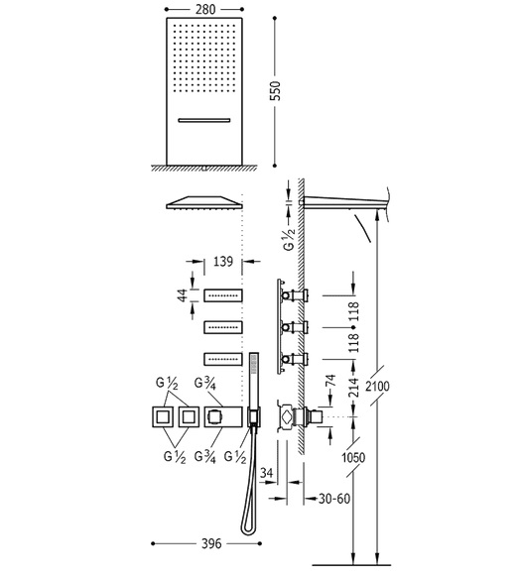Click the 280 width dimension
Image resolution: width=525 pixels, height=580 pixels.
click(205, 9)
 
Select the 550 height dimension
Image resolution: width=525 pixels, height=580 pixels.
click(275, 90)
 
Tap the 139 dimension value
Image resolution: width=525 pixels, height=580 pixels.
click(223, 262)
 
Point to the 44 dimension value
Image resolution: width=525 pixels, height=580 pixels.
click(183, 295)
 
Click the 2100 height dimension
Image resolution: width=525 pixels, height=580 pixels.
click(377, 387)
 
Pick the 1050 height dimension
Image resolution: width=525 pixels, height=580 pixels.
click(353, 458)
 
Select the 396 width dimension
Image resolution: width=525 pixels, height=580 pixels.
click(211, 543)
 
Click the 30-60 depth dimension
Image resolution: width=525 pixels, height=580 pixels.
click(334, 499)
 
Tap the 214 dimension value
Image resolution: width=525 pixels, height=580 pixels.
click(354, 388)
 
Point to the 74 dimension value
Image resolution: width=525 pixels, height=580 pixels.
click(330, 381)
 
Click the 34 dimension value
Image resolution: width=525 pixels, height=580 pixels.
click(267, 473)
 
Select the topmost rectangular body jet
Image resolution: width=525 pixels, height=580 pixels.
click(223, 294)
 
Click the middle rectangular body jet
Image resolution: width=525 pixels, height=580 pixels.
click(223, 327)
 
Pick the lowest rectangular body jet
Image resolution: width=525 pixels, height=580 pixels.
click(223, 359)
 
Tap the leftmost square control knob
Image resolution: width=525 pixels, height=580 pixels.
click(163, 416)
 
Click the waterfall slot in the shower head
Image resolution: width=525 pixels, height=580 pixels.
click(204, 120)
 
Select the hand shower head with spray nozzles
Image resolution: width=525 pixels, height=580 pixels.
click(254, 363)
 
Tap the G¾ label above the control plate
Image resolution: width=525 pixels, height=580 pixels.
click(205, 384)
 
